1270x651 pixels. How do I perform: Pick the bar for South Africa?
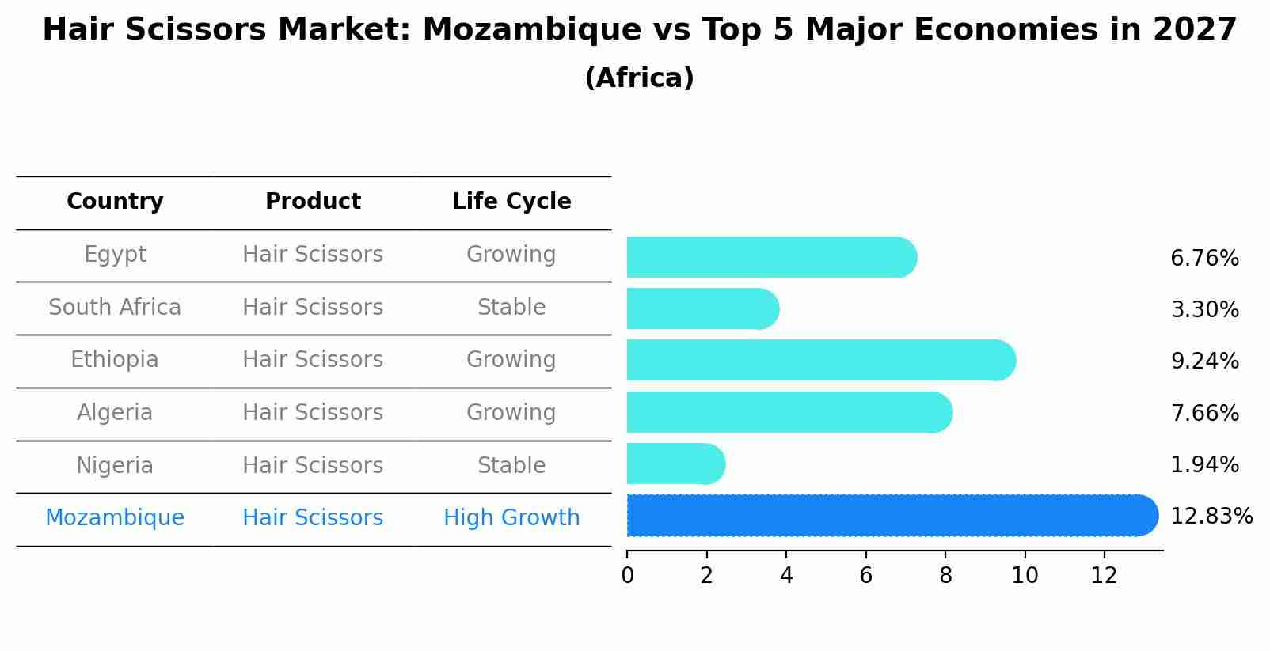(x=702, y=308)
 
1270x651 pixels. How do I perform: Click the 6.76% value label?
(x=1203, y=259)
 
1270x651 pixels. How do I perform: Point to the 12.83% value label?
(x=1211, y=517)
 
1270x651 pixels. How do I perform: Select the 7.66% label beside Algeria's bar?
(x=1203, y=413)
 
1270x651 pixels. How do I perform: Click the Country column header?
(x=115, y=202)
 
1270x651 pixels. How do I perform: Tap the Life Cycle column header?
(x=511, y=202)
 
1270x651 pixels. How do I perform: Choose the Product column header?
(x=313, y=202)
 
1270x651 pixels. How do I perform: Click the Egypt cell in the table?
(x=115, y=255)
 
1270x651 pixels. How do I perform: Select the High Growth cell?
(x=511, y=518)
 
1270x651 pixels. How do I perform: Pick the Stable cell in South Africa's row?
(x=511, y=308)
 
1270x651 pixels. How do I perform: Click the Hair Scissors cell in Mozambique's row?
(x=313, y=518)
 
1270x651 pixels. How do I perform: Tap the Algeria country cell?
(x=115, y=413)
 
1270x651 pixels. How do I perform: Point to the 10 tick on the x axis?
(x=1025, y=576)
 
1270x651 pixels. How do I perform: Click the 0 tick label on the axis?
(x=627, y=576)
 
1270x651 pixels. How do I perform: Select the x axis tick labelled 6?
(x=865, y=576)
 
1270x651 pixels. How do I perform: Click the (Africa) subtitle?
(x=639, y=78)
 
